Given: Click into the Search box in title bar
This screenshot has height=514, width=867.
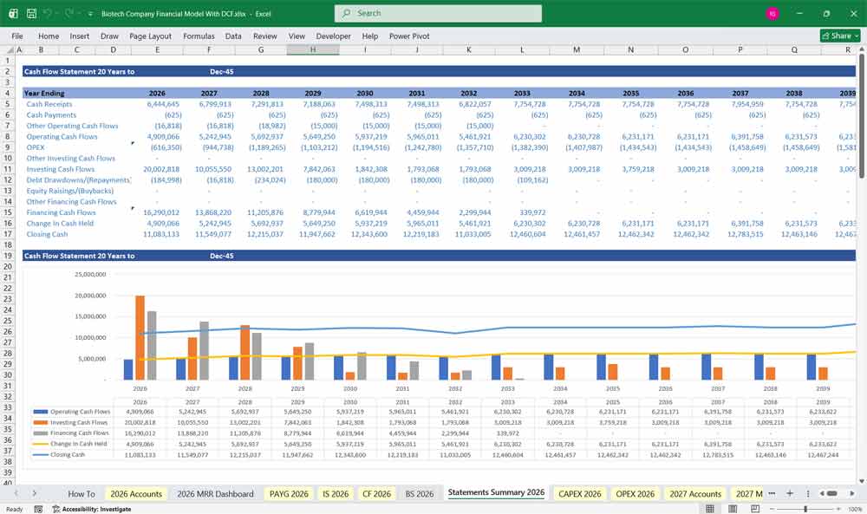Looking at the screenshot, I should (438, 13).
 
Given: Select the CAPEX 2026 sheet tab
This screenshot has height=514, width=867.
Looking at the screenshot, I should (580, 493).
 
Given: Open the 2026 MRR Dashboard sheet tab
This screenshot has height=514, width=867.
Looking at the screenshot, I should (215, 493).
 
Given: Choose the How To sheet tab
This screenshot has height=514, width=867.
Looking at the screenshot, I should (81, 493).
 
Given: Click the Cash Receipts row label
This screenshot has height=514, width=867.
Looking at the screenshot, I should (51, 104).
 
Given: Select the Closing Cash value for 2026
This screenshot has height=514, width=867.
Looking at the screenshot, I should (157, 234).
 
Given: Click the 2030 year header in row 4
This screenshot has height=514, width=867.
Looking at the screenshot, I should (364, 93).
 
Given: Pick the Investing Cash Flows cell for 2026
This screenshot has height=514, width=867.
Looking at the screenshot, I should (157, 169).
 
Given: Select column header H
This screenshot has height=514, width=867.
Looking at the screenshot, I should (313, 49).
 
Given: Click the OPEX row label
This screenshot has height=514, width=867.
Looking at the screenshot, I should (36, 147).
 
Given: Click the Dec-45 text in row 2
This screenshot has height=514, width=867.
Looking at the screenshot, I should (222, 72).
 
